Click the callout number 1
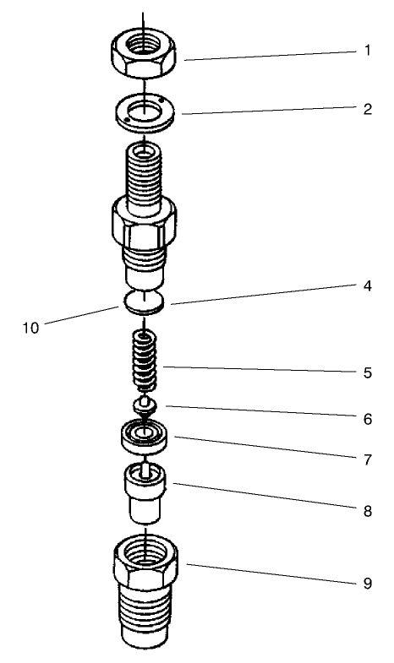point(367,51)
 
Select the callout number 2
point(367,109)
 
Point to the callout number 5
point(367,371)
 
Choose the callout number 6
point(367,418)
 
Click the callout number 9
point(367,582)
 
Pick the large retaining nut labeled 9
point(145,591)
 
